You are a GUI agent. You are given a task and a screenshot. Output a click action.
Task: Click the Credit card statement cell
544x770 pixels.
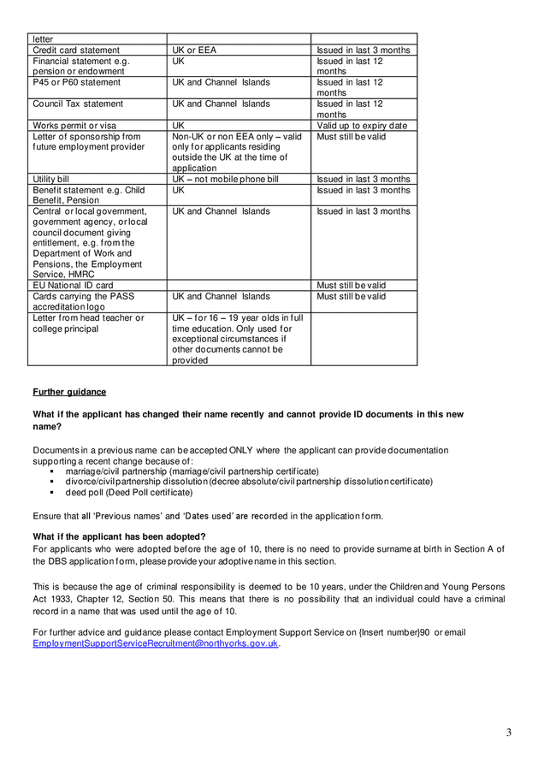[76, 50]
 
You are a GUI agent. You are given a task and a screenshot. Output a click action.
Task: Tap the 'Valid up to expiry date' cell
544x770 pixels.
[362, 126]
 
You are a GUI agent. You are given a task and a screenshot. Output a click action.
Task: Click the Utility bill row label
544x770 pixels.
[50, 180]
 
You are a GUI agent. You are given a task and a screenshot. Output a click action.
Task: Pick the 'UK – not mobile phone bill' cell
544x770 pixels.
[225, 180]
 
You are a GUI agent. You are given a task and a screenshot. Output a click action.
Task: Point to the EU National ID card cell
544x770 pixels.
[73, 286]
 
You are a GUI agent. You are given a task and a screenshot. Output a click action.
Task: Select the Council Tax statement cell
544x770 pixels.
[78, 104]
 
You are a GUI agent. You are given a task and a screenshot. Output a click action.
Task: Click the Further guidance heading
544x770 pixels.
[69, 392]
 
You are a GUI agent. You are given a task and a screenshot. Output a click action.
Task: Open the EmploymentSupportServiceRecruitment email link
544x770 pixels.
[156, 643]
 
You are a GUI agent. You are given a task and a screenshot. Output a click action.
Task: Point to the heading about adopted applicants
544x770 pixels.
[119, 536]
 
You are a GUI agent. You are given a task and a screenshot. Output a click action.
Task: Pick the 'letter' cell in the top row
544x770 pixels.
[43, 39]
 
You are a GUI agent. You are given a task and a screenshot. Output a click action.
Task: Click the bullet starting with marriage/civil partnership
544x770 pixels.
[192, 471]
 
